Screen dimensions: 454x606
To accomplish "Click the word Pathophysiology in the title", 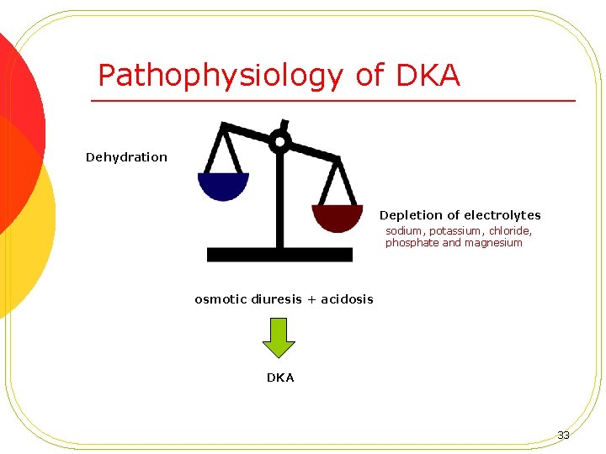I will pyautogui.click(x=221, y=76).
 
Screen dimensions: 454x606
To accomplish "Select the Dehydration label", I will pyautogui.click(x=126, y=157).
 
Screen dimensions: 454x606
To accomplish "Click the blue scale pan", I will pyautogui.click(x=223, y=185).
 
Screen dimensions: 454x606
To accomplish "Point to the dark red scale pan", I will pyautogui.click(x=338, y=217).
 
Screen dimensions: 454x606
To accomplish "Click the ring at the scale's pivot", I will pyautogui.click(x=280, y=141).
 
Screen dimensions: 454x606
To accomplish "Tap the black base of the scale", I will pyautogui.click(x=279, y=254).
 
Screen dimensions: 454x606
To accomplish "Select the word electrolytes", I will pyautogui.click(x=500, y=216).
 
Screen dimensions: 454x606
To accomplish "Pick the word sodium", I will pyautogui.click(x=403, y=230).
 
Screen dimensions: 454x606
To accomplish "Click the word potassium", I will pyautogui.click(x=454, y=230).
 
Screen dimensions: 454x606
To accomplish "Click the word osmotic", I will pyautogui.click(x=221, y=299).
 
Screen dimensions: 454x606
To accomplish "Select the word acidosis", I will pyautogui.click(x=347, y=299).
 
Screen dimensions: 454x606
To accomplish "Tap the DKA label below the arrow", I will pyautogui.click(x=280, y=378).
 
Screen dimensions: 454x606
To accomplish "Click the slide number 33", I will pyautogui.click(x=563, y=436).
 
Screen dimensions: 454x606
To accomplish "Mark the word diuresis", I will pyautogui.click(x=278, y=299).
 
